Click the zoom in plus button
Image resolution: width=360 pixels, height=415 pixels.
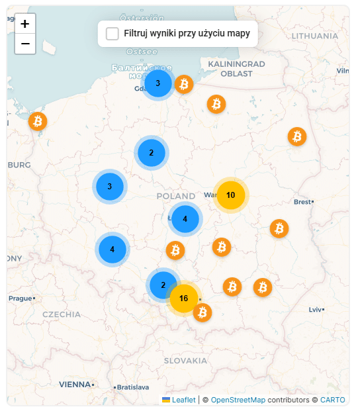tap(24, 24)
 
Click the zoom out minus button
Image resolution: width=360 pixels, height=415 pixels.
tap(24, 44)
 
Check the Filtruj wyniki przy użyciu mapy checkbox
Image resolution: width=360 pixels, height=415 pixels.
tap(112, 34)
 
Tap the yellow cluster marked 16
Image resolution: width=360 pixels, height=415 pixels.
tap(184, 299)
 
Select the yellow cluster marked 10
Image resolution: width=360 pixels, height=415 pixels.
tap(230, 195)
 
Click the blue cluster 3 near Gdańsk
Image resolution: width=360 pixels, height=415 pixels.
tap(157, 83)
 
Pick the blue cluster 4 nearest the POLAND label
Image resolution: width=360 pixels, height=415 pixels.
tap(185, 219)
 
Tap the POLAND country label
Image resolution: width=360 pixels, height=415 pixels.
tap(176, 196)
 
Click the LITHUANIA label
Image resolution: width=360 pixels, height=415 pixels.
tap(314, 36)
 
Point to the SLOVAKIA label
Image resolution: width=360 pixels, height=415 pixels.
tap(185, 361)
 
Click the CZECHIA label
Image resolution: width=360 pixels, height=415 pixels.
tap(62, 314)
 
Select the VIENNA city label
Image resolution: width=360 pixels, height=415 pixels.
tap(74, 384)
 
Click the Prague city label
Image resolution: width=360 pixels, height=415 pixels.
tap(20, 299)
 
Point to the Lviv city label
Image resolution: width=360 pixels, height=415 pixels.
tap(315, 309)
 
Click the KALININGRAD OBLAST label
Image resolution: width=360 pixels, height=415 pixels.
tap(236, 68)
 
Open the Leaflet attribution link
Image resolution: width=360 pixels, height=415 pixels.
tap(183, 400)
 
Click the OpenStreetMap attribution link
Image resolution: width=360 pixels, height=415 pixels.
tap(238, 400)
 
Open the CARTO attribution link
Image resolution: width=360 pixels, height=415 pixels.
tap(332, 400)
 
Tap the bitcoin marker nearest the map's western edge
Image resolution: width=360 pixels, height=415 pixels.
tap(38, 121)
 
